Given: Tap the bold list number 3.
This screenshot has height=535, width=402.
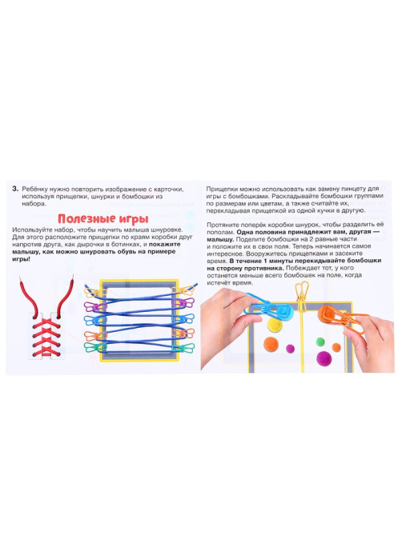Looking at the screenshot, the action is (x=15, y=189).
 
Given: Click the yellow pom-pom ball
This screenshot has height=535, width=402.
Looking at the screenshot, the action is (x=274, y=325).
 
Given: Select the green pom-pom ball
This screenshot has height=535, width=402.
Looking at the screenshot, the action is (x=320, y=341).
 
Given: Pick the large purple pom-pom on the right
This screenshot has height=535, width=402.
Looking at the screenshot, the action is (x=324, y=358).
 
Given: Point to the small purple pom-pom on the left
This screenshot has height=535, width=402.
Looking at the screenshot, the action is (x=290, y=349).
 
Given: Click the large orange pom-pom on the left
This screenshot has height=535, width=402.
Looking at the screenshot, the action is (x=271, y=344).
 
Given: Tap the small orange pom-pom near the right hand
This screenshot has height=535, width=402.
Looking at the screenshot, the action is (x=336, y=347).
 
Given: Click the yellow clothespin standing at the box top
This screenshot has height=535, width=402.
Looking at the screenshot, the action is (x=302, y=297).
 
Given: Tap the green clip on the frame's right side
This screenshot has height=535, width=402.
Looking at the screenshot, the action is (x=183, y=348).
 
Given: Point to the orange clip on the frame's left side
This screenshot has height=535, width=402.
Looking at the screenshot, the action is (x=94, y=336).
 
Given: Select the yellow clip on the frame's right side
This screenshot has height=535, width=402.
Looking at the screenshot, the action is (x=183, y=291).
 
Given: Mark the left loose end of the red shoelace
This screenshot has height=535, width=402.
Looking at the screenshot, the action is (x=22, y=279).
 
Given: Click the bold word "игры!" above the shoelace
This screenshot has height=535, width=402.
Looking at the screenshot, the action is (x=21, y=259).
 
